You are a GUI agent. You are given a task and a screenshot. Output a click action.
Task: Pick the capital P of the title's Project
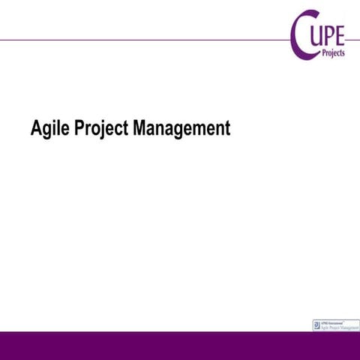coord(81,128)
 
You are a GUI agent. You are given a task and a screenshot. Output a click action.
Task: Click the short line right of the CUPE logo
coord(352,40)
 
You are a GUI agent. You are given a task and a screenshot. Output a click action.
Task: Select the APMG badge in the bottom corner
coord(334,325)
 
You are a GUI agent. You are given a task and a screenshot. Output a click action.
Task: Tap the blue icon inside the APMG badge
coord(316,325)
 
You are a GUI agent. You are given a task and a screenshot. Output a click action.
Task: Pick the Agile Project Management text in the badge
coord(339,328)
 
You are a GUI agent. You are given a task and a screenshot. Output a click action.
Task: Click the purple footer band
coord(180,346)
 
